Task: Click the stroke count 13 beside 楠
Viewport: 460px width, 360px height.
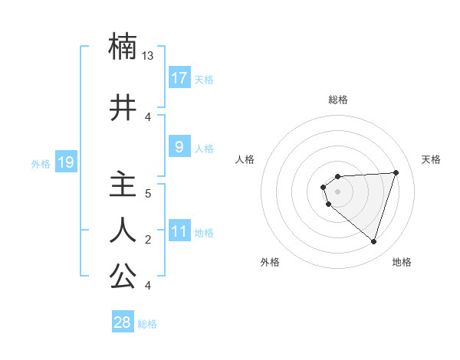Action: (148, 56)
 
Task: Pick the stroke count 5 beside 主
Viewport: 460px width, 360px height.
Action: (148, 194)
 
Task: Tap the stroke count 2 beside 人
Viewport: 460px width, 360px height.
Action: (148, 240)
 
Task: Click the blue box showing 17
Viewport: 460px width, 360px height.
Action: (179, 78)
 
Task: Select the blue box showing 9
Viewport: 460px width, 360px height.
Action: (179, 147)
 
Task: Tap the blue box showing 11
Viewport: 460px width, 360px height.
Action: (179, 231)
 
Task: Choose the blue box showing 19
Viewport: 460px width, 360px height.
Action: (65, 162)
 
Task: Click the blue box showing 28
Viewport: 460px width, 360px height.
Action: (122, 322)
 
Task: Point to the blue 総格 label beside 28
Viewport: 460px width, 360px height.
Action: (147, 324)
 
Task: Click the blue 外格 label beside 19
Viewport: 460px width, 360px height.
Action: (40, 164)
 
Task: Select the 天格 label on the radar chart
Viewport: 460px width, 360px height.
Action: (432, 159)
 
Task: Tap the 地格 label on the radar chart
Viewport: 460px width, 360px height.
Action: (402, 263)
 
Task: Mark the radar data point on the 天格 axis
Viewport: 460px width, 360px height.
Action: (396, 172)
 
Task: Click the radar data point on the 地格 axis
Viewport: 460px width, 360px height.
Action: (373, 242)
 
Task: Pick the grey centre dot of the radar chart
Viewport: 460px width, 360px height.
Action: (337, 191)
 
